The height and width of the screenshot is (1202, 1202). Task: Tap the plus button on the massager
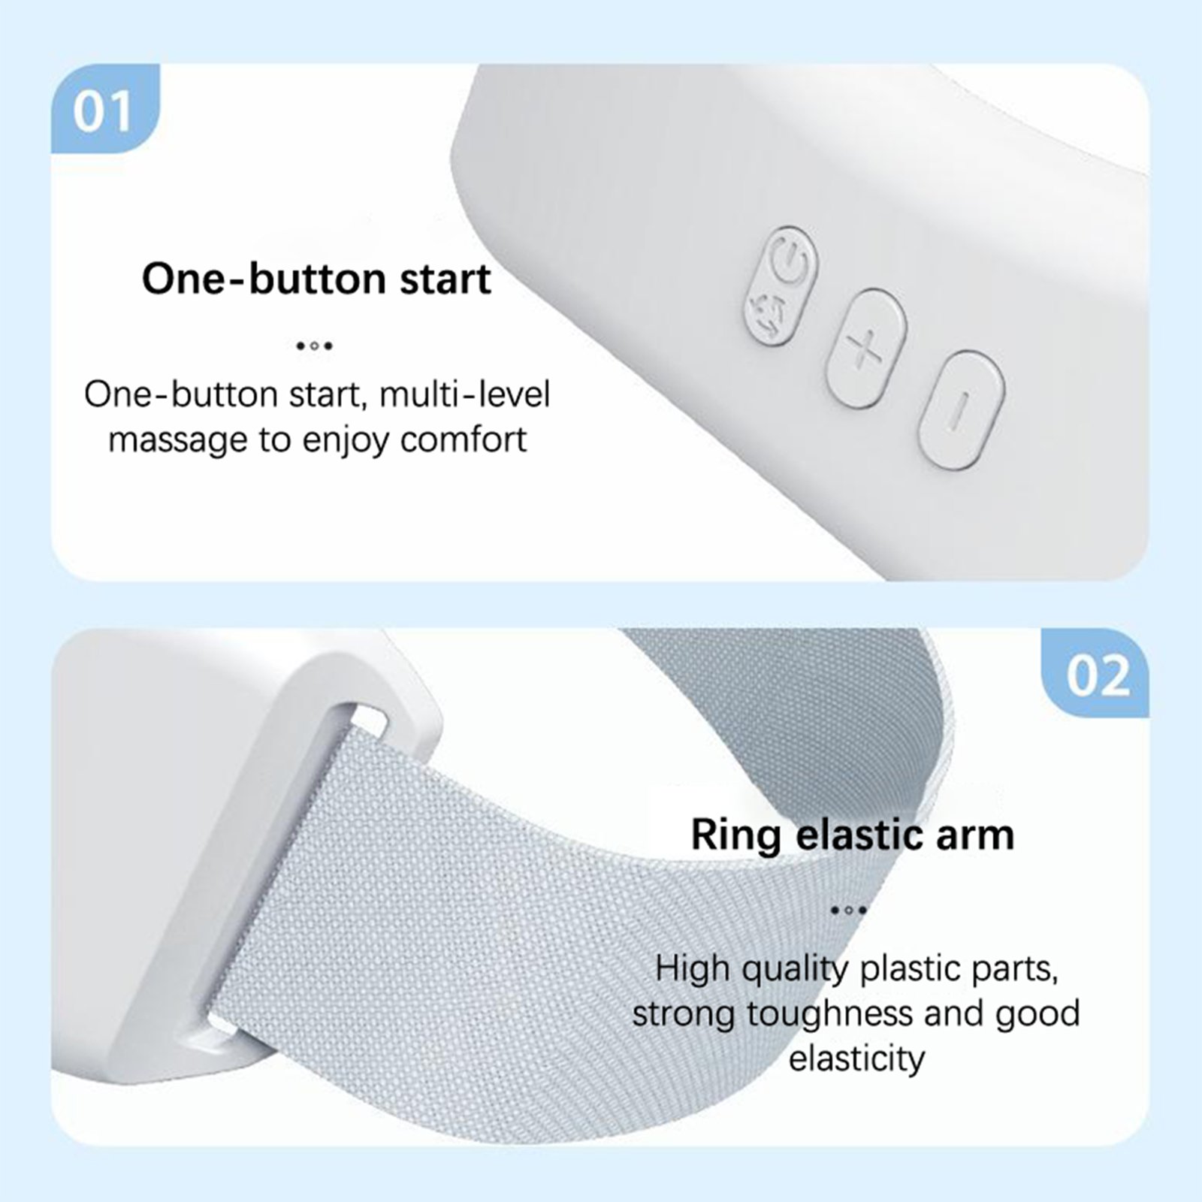(866, 348)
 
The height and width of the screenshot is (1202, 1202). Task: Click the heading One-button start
(316, 279)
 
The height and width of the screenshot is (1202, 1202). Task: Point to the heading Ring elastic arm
(853, 835)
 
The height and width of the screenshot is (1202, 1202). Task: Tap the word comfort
(463, 439)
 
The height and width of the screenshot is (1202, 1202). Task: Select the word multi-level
(465, 394)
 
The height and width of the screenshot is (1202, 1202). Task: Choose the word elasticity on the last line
(856, 1059)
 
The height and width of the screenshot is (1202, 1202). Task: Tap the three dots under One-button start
(314, 346)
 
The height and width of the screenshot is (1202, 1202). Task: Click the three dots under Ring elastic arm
(849, 910)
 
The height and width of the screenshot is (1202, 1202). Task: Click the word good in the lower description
(1038, 1014)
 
